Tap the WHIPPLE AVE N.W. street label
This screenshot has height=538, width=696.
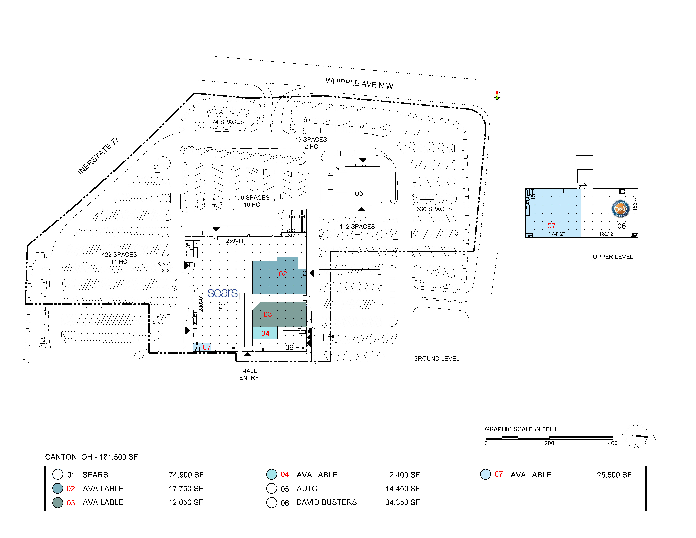[x=360, y=84]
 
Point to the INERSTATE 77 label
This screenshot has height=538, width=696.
[x=98, y=155]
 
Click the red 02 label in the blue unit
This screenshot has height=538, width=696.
[x=283, y=274]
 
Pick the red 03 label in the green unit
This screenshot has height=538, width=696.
[x=268, y=314]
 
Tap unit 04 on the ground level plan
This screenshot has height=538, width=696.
[x=265, y=333]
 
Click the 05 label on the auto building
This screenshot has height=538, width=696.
[x=359, y=193]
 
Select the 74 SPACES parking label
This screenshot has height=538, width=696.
[x=228, y=122]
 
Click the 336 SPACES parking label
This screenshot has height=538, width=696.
[x=434, y=209]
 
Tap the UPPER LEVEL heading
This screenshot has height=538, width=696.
[x=613, y=257]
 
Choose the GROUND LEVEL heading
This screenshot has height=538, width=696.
[x=436, y=359]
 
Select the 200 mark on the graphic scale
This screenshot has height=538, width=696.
[x=549, y=443]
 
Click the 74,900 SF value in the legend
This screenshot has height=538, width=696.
[x=186, y=475]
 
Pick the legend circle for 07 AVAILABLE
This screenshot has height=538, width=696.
[x=485, y=474]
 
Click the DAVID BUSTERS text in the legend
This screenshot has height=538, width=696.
[x=327, y=502]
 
